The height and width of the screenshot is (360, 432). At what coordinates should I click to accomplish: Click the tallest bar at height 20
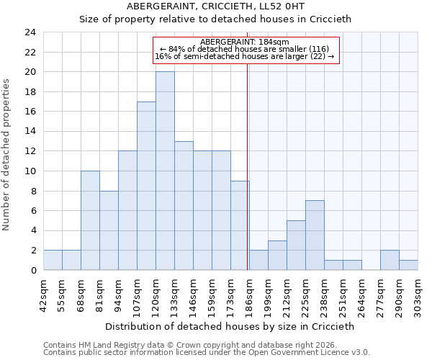point(165,171)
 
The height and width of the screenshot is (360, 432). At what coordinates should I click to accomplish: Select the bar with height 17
point(146,186)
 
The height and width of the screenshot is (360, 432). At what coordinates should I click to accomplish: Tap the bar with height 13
point(184,205)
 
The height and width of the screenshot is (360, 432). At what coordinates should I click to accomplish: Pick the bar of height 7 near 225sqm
point(315,235)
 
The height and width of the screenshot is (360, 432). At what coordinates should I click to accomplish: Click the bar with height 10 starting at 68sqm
point(90,220)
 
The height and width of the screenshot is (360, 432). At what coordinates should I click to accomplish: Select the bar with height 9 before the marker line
point(240,225)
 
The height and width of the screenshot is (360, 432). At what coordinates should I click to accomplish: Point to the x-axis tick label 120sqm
point(156,294)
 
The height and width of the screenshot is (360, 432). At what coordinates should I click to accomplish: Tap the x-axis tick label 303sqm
point(418,294)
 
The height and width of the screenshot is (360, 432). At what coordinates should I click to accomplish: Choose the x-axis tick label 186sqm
point(249,294)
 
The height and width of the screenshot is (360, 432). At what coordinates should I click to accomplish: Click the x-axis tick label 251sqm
point(343,294)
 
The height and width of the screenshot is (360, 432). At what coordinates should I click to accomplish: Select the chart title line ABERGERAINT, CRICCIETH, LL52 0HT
point(215,6)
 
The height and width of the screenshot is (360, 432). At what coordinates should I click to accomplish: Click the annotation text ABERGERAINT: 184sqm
point(245,42)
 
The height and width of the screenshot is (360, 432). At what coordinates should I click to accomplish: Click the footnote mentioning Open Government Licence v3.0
point(207,353)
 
